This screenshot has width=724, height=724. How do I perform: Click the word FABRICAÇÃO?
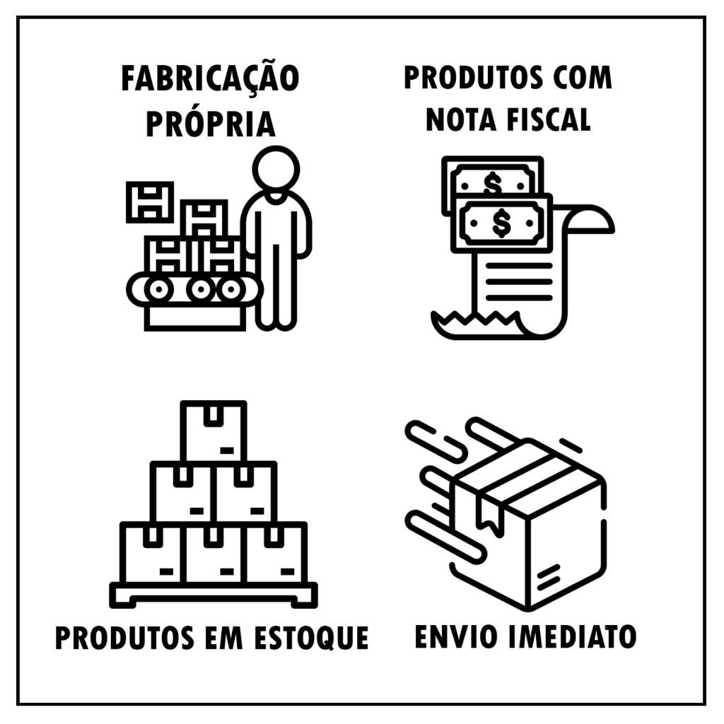tap(210, 78)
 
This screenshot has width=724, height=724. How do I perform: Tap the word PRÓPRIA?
tap(211, 124)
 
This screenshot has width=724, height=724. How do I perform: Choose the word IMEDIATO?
tap(572, 636)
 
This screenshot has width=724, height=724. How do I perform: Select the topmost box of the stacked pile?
tap(214, 432)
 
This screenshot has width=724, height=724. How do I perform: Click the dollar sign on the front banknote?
tap(501, 223)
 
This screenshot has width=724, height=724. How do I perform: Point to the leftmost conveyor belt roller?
tap(158, 289)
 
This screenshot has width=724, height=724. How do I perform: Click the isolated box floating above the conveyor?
tap(150, 202)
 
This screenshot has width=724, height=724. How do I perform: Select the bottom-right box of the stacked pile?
tap(276, 553)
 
